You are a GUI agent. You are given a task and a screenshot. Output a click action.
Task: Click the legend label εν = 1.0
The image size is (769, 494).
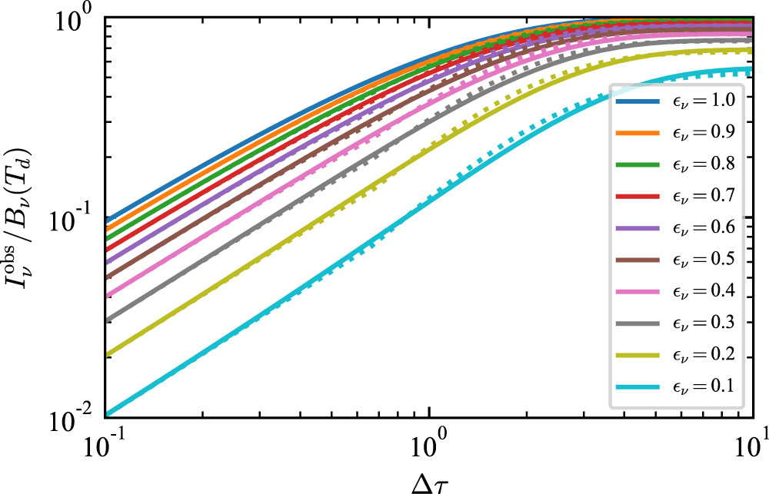coord(704,101)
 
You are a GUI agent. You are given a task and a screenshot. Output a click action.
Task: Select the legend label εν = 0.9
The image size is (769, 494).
coord(704,132)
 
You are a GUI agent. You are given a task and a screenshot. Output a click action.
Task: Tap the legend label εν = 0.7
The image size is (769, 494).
coord(704,196)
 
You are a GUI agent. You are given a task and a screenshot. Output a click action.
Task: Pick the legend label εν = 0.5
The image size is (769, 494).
coord(704,259)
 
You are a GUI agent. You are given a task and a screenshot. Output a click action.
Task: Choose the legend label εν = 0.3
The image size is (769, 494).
coord(704,323)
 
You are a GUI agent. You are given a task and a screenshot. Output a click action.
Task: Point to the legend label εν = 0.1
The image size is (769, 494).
coord(704,386)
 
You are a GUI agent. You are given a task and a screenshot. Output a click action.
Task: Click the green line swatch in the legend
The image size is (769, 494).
coord(638,164)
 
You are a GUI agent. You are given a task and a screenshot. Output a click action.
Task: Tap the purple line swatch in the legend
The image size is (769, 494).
coord(638,228)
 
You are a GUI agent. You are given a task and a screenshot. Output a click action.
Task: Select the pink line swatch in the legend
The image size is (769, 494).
coord(638,292)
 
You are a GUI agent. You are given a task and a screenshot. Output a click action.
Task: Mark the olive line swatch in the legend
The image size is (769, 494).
coord(638,355)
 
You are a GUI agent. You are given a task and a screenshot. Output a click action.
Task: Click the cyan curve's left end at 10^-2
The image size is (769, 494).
coord(105,415)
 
